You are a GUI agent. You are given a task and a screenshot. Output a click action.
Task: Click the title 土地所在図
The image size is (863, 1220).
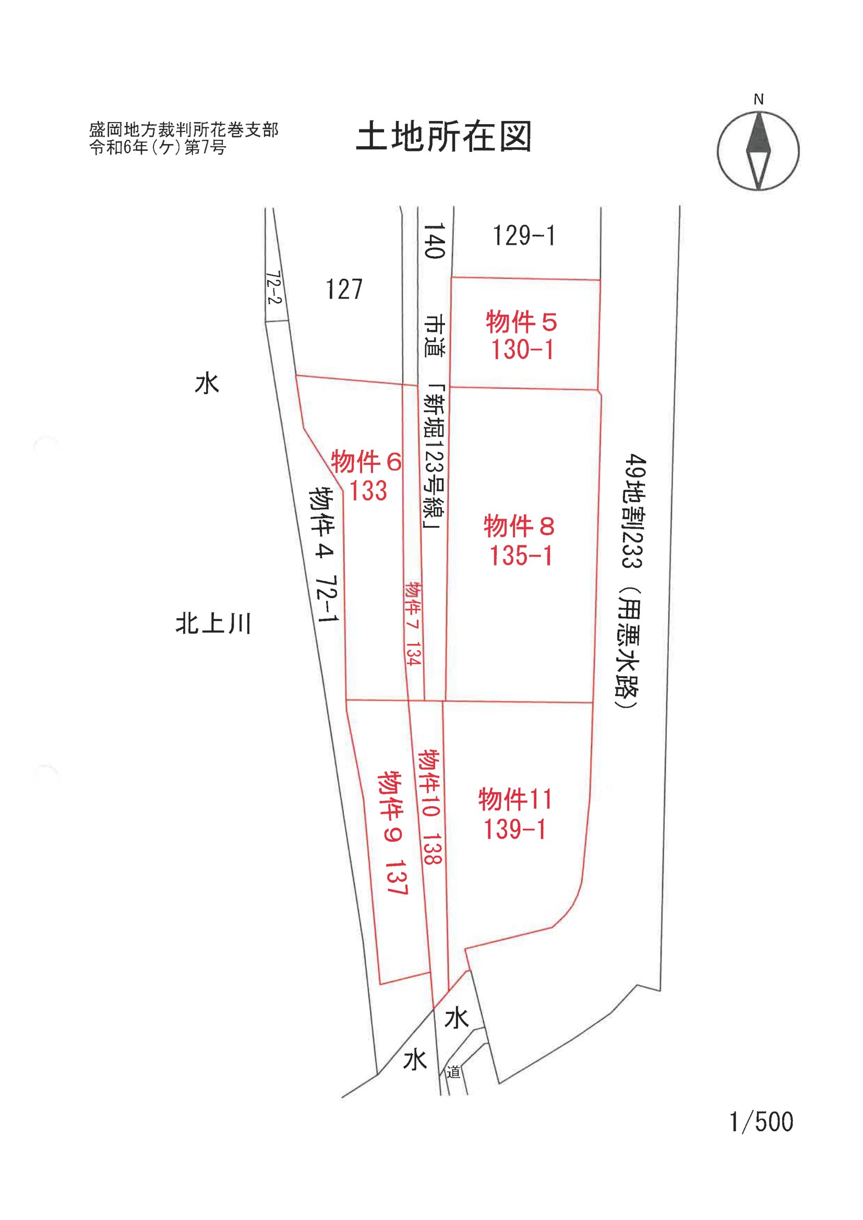pyautogui.click(x=444, y=137)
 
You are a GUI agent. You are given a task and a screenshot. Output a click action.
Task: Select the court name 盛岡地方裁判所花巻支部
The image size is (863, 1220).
pyautogui.click(x=183, y=129)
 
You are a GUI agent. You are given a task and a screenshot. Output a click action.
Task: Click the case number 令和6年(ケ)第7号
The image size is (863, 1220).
pyautogui.click(x=158, y=147)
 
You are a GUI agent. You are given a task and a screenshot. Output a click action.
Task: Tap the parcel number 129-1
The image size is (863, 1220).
pyautogui.click(x=523, y=235)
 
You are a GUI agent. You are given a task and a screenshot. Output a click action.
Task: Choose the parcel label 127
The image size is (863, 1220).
pyautogui.click(x=344, y=290)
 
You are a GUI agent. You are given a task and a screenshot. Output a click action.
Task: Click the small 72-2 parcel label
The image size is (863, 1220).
pyautogui.click(x=274, y=288)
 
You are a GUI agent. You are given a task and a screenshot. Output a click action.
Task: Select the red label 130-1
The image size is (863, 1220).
pyautogui.click(x=522, y=350)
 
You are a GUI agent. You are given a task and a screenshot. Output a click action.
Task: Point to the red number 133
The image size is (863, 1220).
pyautogui.click(x=368, y=491)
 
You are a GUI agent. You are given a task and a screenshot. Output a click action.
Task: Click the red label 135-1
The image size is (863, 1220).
pyautogui.click(x=520, y=556)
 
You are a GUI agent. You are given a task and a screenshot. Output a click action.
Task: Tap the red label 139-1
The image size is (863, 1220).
pyautogui.click(x=514, y=830)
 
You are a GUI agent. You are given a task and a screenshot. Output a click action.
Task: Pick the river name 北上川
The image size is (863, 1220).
pyautogui.click(x=213, y=624)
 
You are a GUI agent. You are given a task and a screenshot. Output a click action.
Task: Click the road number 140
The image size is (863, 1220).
pyautogui.click(x=434, y=241)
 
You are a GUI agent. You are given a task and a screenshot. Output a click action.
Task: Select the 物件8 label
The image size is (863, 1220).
pyautogui.click(x=519, y=526)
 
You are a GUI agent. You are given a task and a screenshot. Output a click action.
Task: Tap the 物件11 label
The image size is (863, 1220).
pyautogui.click(x=515, y=800)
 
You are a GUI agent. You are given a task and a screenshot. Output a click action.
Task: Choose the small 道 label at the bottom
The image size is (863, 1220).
pyautogui.click(x=453, y=1073)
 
